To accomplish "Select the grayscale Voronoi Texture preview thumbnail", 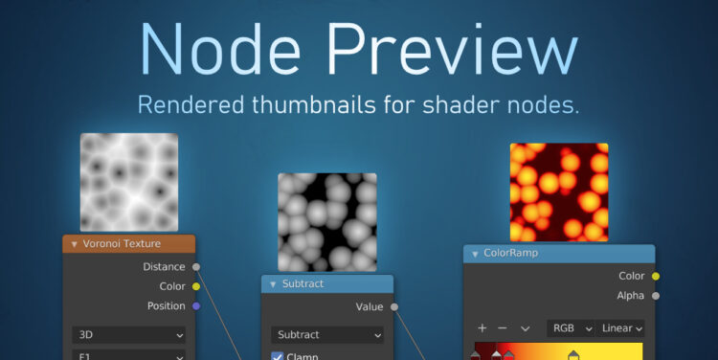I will pos(129,181).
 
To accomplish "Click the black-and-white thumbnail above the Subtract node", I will pos(326,221).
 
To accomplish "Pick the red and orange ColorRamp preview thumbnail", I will pos(559,191).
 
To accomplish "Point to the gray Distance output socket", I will pos(196,267).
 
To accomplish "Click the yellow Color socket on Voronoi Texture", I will pos(196,286).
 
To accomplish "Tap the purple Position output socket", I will pos(196,306).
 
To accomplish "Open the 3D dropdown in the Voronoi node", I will pos(129,335).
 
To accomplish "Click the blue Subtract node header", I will pos(326,284).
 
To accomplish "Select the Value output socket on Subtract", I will pos(394,307).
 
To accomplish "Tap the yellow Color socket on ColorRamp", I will pos(656,276).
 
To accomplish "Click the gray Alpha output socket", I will pos(656,296).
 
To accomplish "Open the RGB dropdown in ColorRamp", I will pos(571,328).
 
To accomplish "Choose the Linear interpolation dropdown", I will pos(621,328).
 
